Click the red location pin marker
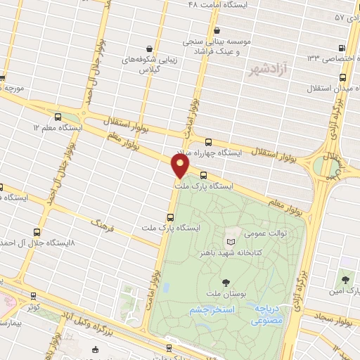point(181,165)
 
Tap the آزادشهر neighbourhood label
point(266,70)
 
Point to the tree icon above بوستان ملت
point(224,281)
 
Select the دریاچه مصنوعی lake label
point(271,314)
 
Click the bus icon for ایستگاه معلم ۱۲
point(57,117)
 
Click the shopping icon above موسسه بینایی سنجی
point(217,30)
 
